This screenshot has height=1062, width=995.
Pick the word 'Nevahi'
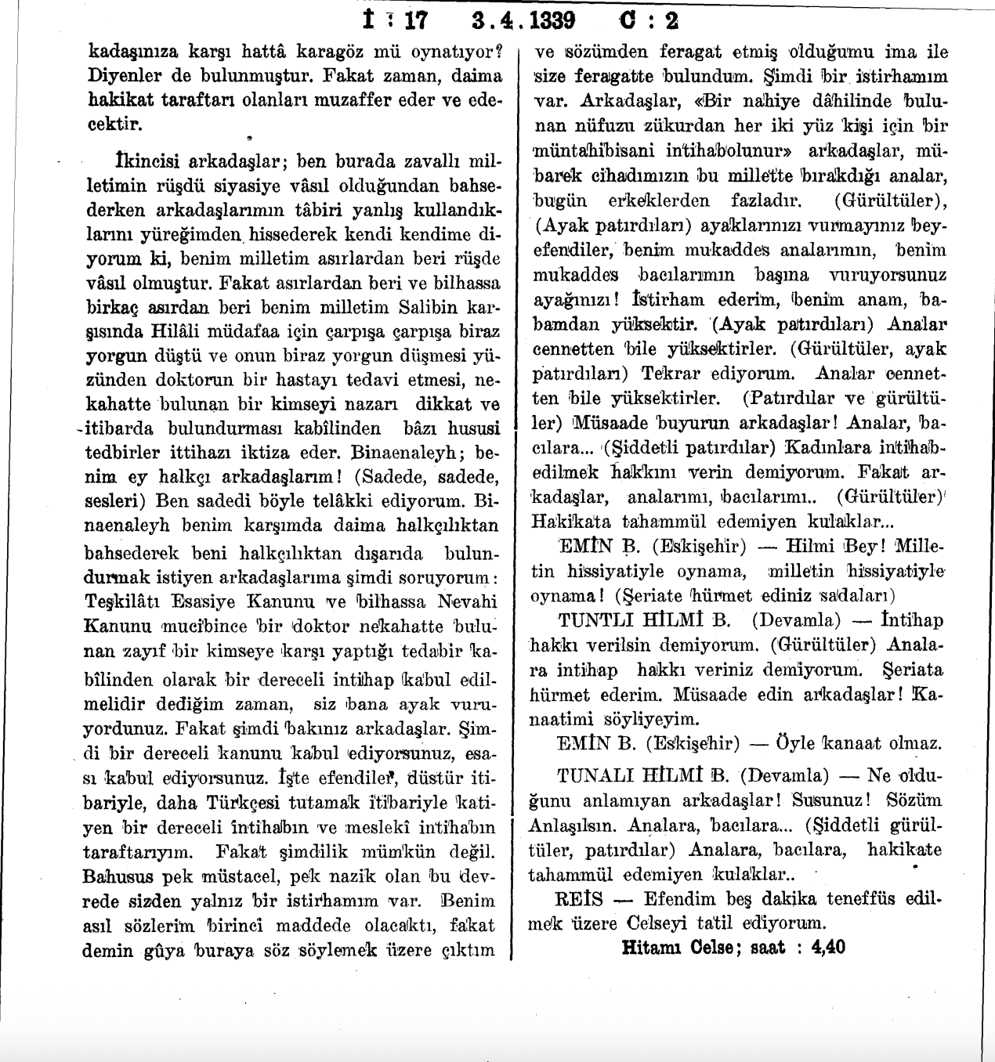coord(468,602)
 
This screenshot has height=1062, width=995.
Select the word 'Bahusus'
coord(118,876)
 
